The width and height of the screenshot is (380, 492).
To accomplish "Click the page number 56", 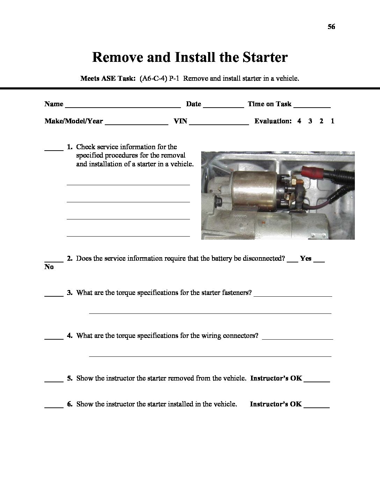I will pyautogui.click(x=331, y=27).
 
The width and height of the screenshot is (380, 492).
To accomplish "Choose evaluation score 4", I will pyautogui.click(x=299, y=121).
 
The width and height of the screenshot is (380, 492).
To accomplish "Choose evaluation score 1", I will pyautogui.click(x=332, y=121).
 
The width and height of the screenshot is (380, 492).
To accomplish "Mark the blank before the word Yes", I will pyautogui.click(x=292, y=262).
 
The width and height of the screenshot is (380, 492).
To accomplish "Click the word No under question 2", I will pyautogui.click(x=49, y=267).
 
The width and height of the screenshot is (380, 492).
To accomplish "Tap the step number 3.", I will pyautogui.click(x=70, y=293).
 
